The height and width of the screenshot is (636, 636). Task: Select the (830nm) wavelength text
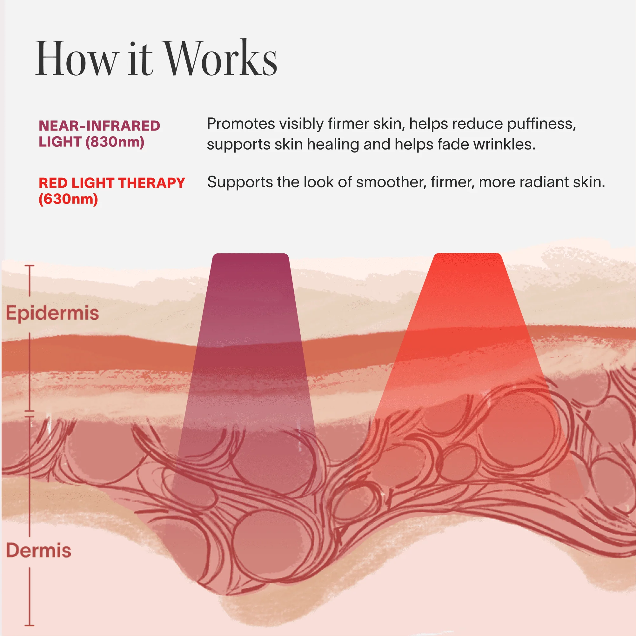(x=115, y=142)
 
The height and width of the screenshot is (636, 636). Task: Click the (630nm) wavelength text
(x=69, y=199)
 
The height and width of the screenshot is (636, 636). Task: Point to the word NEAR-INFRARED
(x=99, y=126)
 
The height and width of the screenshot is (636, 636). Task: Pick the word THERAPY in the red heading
(x=151, y=183)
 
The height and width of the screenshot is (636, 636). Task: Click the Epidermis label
(x=52, y=313)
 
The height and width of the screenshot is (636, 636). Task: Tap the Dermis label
(x=38, y=550)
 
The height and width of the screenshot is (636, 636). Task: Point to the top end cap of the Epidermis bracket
(x=29, y=266)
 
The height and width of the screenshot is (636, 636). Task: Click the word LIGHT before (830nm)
(x=60, y=142)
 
